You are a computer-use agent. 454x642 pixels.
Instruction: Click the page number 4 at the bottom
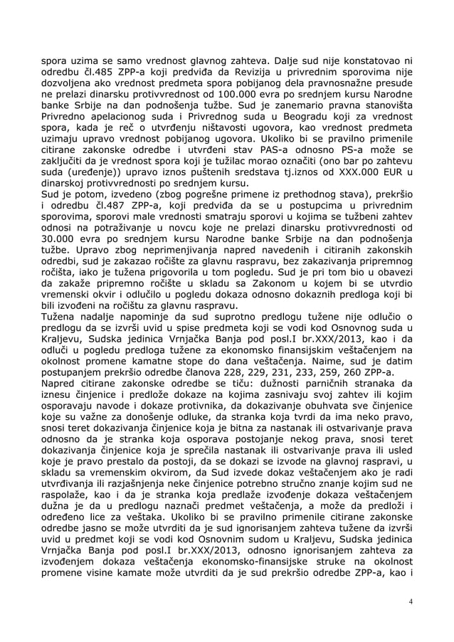pos(411,601)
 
